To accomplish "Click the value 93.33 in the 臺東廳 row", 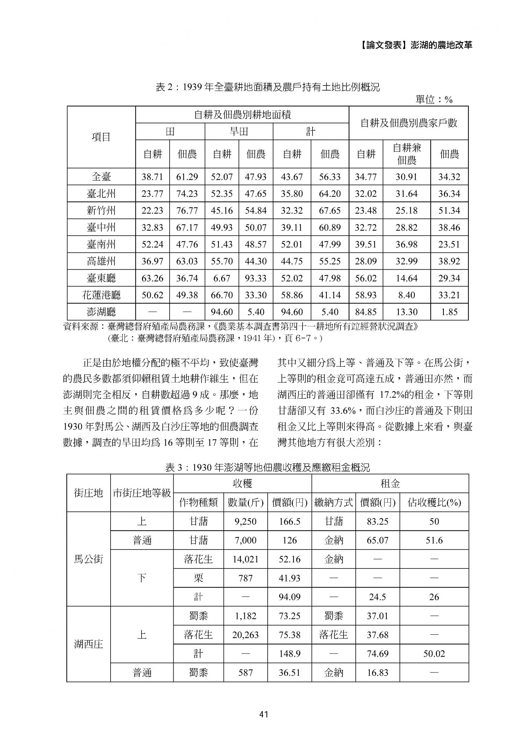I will [255, 278].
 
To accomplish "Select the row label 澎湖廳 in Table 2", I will [101, 312].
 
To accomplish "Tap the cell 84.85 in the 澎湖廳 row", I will [366, 312].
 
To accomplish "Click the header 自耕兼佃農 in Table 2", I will [407, 154].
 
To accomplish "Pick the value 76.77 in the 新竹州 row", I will [187, 211].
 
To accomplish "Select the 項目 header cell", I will [101, 137].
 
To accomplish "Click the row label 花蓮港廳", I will [101, 295].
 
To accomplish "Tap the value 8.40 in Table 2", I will [407, 295].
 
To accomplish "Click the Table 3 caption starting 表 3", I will [267, 467].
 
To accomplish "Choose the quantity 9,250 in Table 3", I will [245, 522].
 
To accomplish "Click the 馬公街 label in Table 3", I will [88, 559].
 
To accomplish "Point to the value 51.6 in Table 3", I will [434, 540].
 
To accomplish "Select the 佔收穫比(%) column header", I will [434, 503].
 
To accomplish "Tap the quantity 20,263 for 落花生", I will [245, 635].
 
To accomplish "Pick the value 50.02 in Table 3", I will [434, 654].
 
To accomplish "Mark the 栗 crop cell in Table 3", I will [198, 578].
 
